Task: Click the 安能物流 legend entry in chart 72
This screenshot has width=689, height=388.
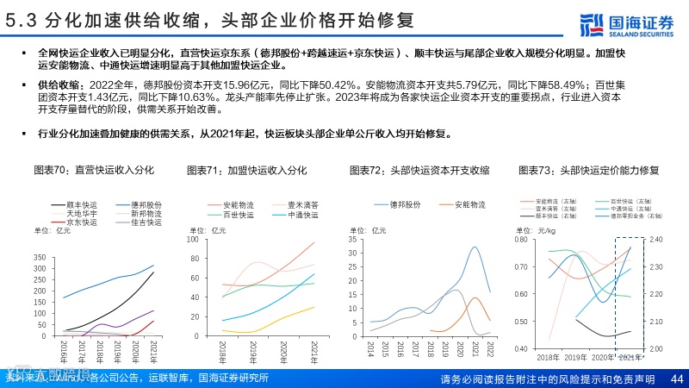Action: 465,204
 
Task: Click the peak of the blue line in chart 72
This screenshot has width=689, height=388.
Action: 475,247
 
